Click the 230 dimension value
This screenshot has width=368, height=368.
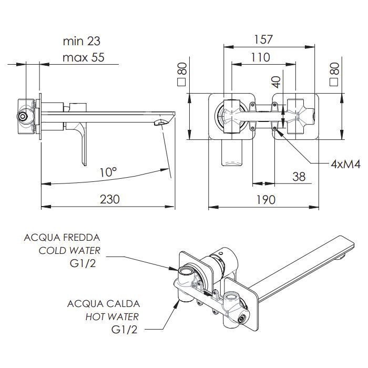click(110, 199)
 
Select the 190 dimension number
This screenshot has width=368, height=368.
click(265, 200)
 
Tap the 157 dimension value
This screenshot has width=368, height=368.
click(263, 39)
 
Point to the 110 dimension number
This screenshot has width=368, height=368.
click(261, 57)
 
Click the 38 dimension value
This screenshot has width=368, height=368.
click(299, 177)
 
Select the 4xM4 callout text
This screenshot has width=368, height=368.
click(345, 164)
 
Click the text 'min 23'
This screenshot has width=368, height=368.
click(81, 41)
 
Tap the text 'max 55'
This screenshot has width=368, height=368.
click(83, 57)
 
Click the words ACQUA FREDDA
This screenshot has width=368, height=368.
click(62, 238)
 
